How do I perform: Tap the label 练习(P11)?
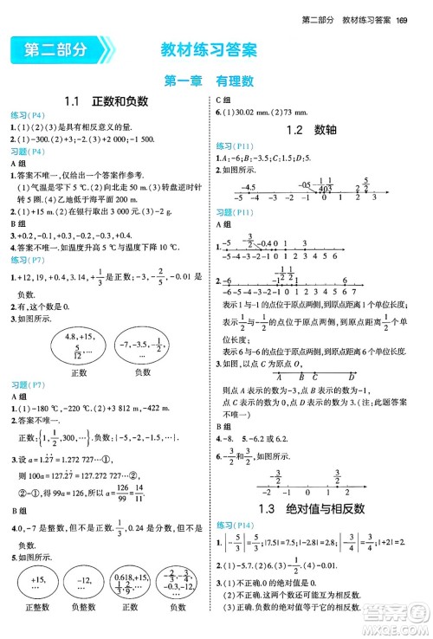pyautogui.click(x=236, y=145)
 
